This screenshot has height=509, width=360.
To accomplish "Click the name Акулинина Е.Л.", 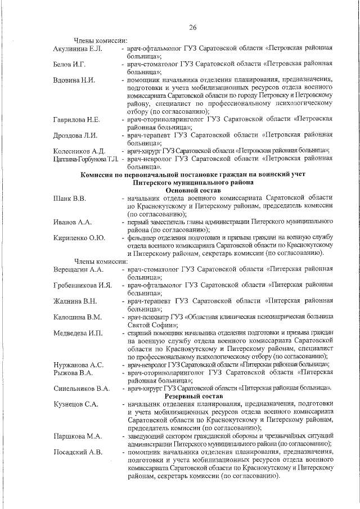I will click(78, 49).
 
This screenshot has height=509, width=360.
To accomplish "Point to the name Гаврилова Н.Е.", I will click(76, 120).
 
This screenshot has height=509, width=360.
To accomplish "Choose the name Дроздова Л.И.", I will click(75, 136).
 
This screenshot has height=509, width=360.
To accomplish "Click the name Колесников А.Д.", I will click(79, 151).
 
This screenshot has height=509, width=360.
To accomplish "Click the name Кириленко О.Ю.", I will click(79, 238).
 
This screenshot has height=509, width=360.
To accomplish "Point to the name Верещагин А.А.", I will click(78, 270).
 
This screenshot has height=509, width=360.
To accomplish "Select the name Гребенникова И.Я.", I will click(83, 285).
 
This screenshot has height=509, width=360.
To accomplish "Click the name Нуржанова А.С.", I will click(78, 364).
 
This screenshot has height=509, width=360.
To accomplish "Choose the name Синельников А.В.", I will click(81, 388).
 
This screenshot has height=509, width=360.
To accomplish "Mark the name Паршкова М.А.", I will click(77, 436).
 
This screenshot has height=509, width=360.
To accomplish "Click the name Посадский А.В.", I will click(78, 452).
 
